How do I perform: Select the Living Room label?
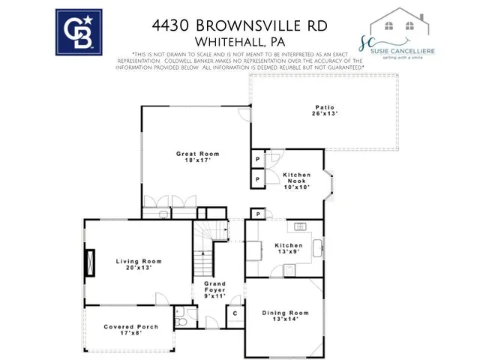click(x=139, y=261)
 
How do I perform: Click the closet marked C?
click(x=235, y=312)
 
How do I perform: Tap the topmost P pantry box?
click(x=256, y=160)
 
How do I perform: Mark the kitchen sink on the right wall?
click(x=319, y=247)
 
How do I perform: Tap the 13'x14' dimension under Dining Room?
click(x=285, y=320)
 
